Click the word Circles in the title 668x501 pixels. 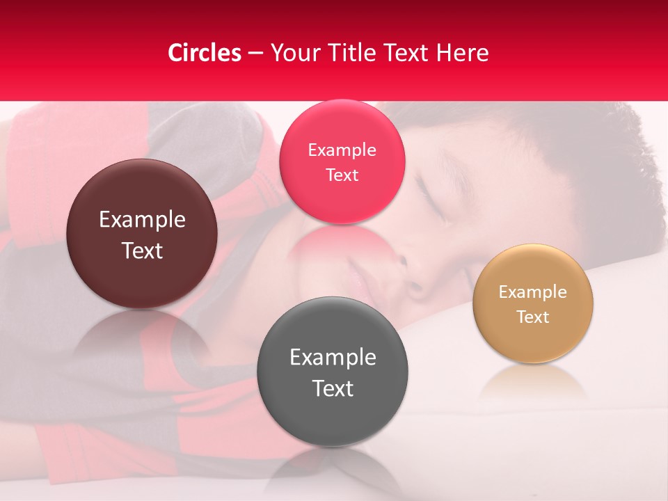tap(204, 53)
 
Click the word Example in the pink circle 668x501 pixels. tap(342, 150)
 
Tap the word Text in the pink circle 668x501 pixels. tap(342, 175)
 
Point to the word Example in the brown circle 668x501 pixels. tap(142, 220)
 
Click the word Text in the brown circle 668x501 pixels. tap(142, 251)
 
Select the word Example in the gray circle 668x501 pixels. tap(333, 358)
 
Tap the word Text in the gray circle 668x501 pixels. tap(333, 388)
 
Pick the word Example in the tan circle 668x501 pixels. tap(533, 292)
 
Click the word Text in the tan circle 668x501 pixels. tap(533, 317)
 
